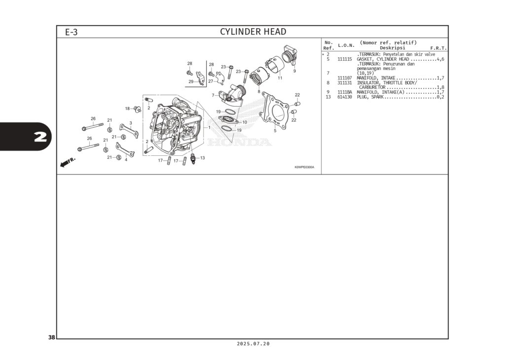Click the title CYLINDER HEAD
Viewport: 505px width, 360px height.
point(253,32)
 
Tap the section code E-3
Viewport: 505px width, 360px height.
point(72,32)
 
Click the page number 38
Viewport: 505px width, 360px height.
point(51,337)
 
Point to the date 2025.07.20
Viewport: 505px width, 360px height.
point(253,344)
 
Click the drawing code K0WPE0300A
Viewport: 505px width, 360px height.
point(304,167)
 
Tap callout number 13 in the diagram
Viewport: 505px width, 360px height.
point(202,158)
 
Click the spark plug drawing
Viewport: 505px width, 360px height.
point(193,159)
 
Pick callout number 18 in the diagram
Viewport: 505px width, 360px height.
point(127,108)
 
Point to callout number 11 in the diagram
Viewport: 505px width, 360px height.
point(280,78)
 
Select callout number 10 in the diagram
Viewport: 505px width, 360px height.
point(245,122)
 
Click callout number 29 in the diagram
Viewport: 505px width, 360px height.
point(191,81)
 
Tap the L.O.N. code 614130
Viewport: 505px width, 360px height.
point(345,97)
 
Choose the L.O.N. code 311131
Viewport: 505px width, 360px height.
point(345,83)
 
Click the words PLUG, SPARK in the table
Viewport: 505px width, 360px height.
point(370,97)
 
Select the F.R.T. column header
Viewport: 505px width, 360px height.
point(438,48)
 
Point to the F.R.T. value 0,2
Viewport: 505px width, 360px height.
point(440,97)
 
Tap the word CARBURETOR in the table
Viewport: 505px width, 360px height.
point(372,87)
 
